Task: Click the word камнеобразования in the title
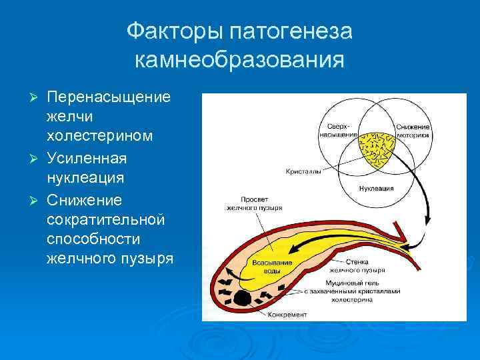click(239, 60)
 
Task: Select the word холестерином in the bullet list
click(100, 135)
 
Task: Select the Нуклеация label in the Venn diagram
click(376, 189)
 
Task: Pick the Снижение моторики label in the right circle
click(413, 130)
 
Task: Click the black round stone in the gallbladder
click(242, 299)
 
